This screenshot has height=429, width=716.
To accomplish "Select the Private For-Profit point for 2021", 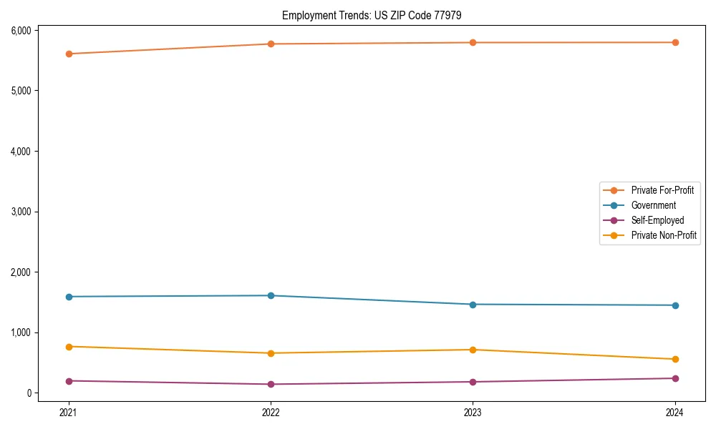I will point(69,54).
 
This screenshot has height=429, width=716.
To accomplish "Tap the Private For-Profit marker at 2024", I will point(675,43).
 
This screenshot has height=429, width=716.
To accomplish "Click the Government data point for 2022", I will point(271,295).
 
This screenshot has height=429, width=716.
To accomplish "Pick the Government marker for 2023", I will point(473,305).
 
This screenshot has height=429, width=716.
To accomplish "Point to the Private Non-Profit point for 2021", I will point(69,347).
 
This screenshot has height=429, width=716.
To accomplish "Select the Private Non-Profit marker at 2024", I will point(675,359).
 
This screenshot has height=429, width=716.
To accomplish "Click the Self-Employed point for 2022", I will point(271,384).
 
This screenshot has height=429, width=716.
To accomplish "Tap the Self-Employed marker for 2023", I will point(473,382).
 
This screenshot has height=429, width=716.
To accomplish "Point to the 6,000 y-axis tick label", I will point(19,30).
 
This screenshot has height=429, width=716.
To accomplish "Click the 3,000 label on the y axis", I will point(19,212).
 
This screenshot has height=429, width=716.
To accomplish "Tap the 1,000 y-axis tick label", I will point(19,332).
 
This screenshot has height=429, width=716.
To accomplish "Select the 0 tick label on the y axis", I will point(29,393).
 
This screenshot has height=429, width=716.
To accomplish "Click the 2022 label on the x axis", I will point(271,412).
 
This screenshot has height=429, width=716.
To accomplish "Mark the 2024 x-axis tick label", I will point(675,412).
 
